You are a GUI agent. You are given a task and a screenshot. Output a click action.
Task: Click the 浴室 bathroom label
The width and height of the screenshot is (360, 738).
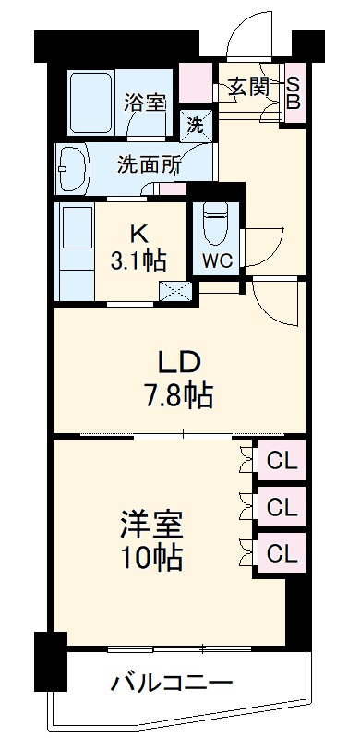click(x=145, y=103)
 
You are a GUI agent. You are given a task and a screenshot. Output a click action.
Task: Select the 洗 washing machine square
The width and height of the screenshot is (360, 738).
click(x=195, y=123)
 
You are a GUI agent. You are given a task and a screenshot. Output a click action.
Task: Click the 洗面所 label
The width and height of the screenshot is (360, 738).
click(x=148, y=165)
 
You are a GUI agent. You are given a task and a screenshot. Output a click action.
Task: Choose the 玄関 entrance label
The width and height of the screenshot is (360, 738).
click(x=246, y=89)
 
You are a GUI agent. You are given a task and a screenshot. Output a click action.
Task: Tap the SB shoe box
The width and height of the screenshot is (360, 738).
click(x=293, y=91)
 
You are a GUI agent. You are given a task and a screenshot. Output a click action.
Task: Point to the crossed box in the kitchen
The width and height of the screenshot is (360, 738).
click(x=176, y=292)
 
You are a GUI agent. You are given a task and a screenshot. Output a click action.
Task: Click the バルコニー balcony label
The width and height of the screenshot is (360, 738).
click(x=172, y=684)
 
